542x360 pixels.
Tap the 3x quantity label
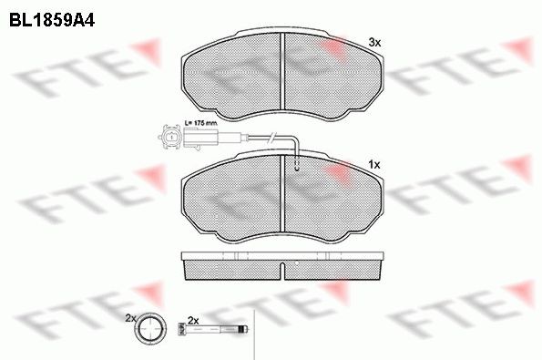pos(373,42)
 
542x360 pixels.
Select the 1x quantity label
pos(373,164)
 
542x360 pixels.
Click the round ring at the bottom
pos(151,330)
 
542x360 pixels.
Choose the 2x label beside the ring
pos(130,317)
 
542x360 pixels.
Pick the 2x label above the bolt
pos(192,319)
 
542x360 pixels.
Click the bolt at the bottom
pos(212,330)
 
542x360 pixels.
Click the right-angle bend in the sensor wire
pos(297,139)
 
